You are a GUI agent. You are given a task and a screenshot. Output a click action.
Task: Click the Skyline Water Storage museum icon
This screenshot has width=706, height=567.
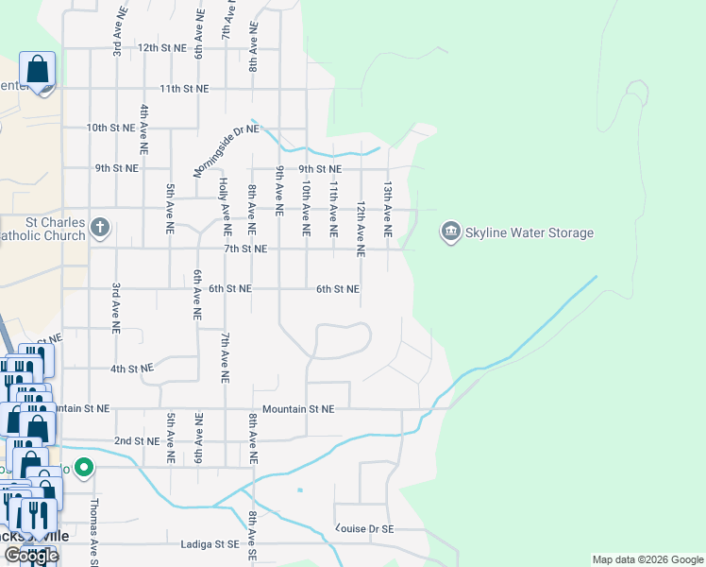click(450, 232)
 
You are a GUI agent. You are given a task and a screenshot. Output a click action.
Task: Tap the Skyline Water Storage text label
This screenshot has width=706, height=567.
click(529, 232)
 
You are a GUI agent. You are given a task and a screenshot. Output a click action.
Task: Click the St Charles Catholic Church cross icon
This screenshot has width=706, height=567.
click(100, 228)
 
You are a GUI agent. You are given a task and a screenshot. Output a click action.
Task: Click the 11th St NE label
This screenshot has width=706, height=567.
click(183, 88)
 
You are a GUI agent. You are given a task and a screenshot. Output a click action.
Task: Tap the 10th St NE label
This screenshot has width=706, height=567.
click(110, 127)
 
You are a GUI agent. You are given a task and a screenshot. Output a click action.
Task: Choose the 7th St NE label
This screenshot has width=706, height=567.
click(244, 249)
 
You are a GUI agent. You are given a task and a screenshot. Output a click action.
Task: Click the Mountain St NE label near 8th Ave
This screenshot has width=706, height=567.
click(298, 409)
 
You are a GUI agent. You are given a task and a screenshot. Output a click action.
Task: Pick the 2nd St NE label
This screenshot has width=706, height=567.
click(137, 440)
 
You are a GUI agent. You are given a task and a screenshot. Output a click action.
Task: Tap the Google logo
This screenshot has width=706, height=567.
click(31, 556)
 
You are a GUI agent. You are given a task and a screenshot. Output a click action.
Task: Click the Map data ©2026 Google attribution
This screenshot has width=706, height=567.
click(647, 559)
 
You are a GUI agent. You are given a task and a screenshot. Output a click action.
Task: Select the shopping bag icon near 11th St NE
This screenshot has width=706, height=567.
click(38, 70)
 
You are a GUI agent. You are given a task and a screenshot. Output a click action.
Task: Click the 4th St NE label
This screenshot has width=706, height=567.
click(131, 368)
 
